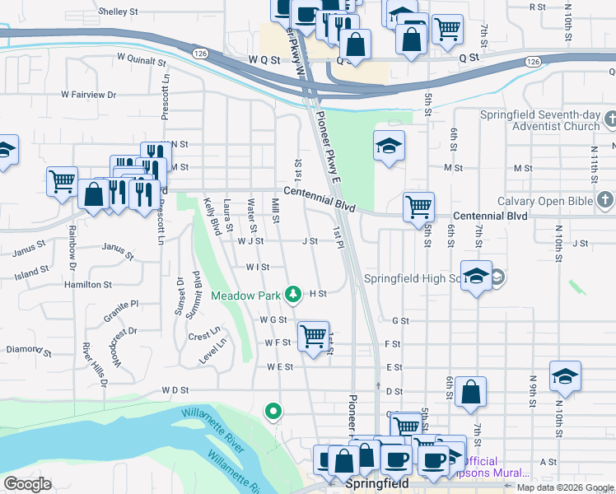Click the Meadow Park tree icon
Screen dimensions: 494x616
(x=292, y=294)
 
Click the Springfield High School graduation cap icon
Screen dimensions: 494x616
(x=476, y=277)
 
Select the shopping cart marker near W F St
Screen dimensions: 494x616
(x=313, y=336)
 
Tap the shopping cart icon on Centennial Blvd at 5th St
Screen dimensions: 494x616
(x=419, y=206)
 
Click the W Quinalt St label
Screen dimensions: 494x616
(x=142, y=59)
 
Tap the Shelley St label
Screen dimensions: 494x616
(x=118, y=12)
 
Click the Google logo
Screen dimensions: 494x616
(x=27, y=484)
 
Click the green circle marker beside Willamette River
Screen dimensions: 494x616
(x=273, y=410)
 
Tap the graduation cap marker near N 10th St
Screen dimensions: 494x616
(x=565, y=376)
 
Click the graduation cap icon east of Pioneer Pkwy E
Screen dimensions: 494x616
(x=389, y=146)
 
